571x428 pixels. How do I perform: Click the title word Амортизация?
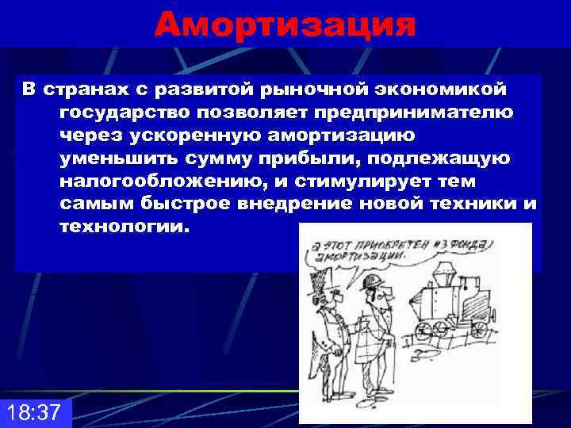pos(285,24)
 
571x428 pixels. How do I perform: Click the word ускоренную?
pos(209,135)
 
